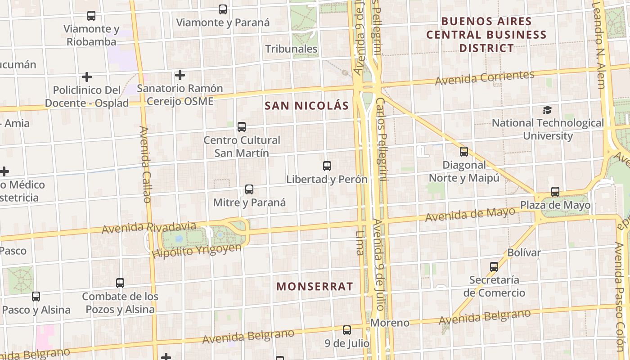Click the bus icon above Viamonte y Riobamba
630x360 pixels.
[91, 16]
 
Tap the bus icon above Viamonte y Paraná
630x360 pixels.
[222, 9]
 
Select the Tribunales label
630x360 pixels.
[291, 49]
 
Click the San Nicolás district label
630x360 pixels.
[306, 106]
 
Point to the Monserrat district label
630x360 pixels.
[315, 286]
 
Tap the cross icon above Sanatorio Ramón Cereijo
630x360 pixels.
[180, 75]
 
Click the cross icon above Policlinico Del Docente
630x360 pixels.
[87, 77]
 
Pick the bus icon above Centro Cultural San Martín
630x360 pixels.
[242, 127]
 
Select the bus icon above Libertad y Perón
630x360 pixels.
[327, 166]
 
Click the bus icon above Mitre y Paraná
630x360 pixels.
[249, 189]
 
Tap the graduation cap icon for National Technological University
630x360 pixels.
[547, 110]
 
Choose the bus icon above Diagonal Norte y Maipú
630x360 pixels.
[464, 152]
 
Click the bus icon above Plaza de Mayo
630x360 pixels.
[555, 192]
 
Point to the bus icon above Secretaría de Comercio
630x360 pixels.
[494, 266]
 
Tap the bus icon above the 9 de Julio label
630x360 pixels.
[347, 330]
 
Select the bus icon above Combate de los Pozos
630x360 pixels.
[120, 283]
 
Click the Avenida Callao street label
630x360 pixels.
[145, 164]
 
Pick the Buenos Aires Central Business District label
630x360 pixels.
[486, 35]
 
